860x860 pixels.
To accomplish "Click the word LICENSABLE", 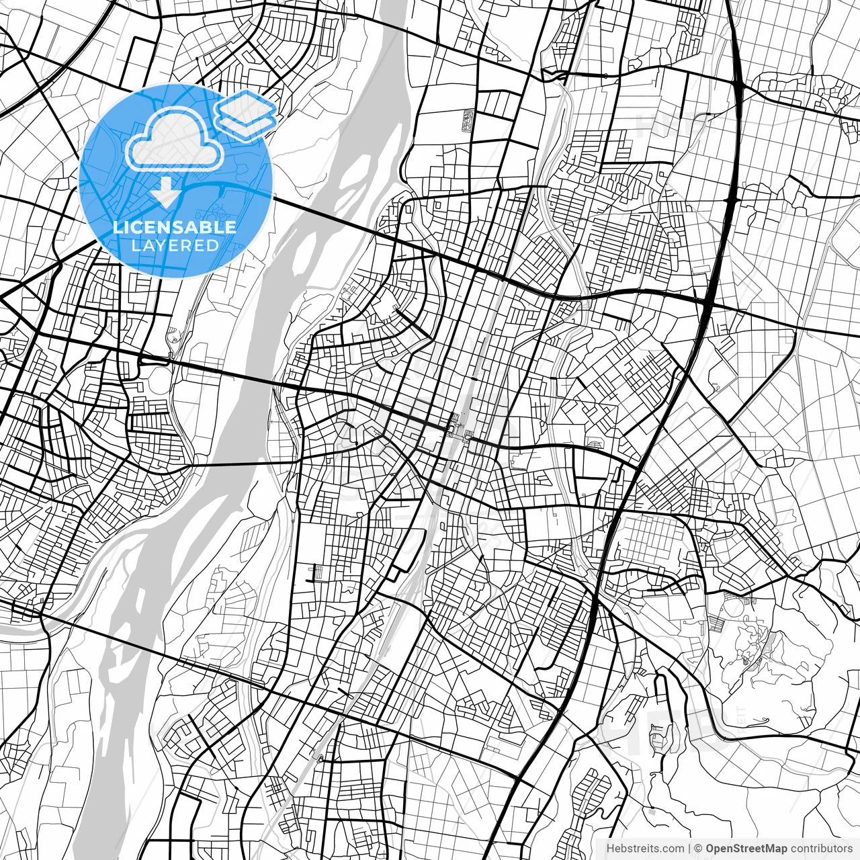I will point(175,227).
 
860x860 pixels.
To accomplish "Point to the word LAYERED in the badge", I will point(175,245).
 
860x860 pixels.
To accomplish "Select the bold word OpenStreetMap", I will point(746,849).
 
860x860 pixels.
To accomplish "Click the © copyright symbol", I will point(698,849).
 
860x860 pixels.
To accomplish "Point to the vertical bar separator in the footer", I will point(689,849).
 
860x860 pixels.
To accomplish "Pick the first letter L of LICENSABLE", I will point(117,227).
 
